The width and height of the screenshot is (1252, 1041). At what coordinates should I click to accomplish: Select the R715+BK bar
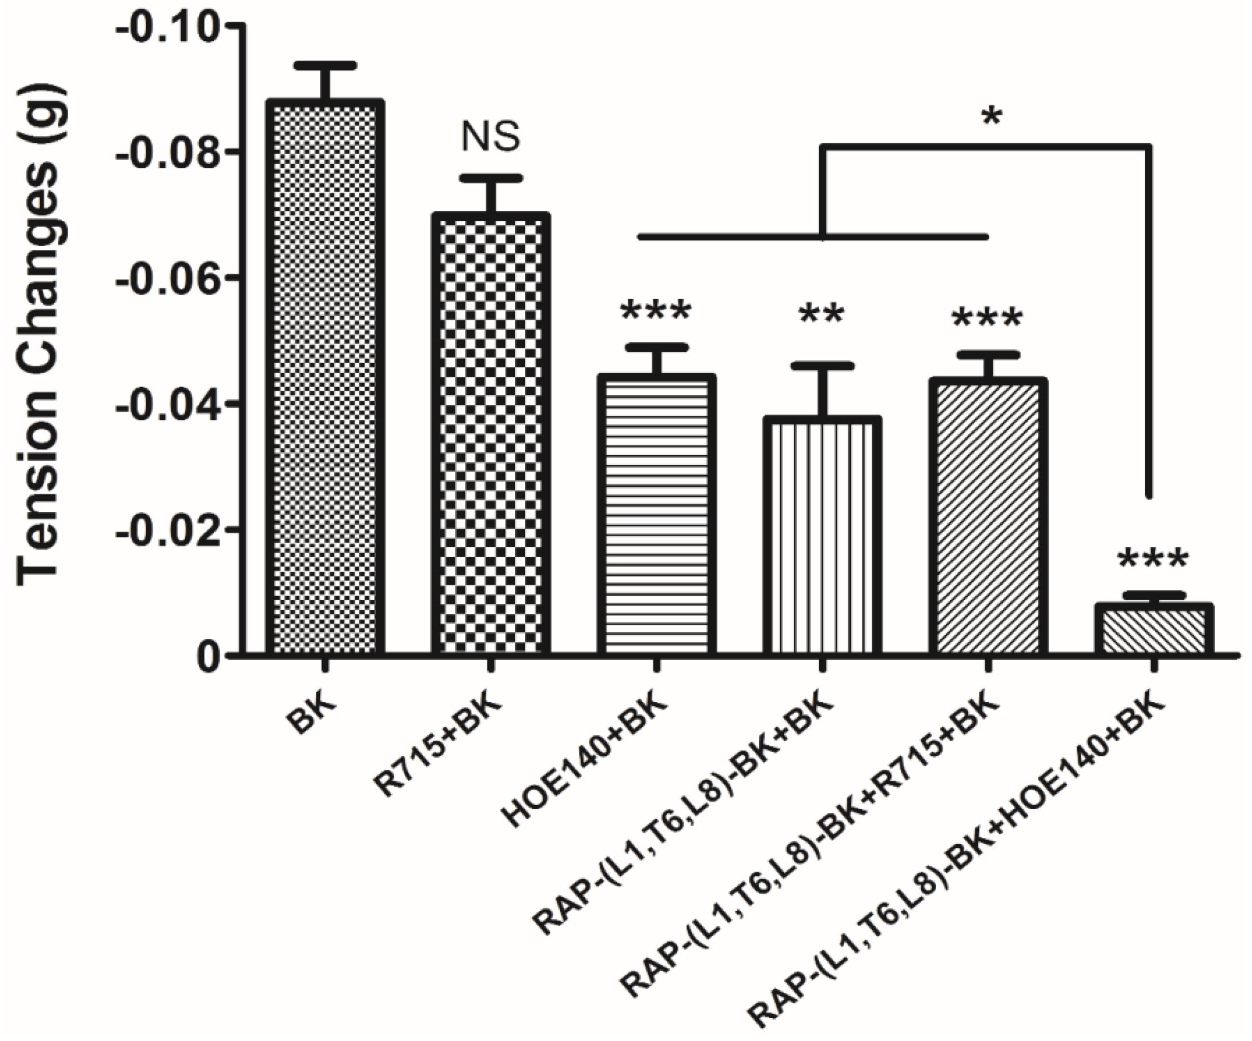(491, 435)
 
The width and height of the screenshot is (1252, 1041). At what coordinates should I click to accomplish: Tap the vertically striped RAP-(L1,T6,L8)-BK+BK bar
(821, 537)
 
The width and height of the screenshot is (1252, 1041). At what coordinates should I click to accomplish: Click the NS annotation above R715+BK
(491, 136)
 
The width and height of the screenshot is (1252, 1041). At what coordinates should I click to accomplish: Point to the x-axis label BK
(310, 709)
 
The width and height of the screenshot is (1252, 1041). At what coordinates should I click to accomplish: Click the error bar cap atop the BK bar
(325, 65)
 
